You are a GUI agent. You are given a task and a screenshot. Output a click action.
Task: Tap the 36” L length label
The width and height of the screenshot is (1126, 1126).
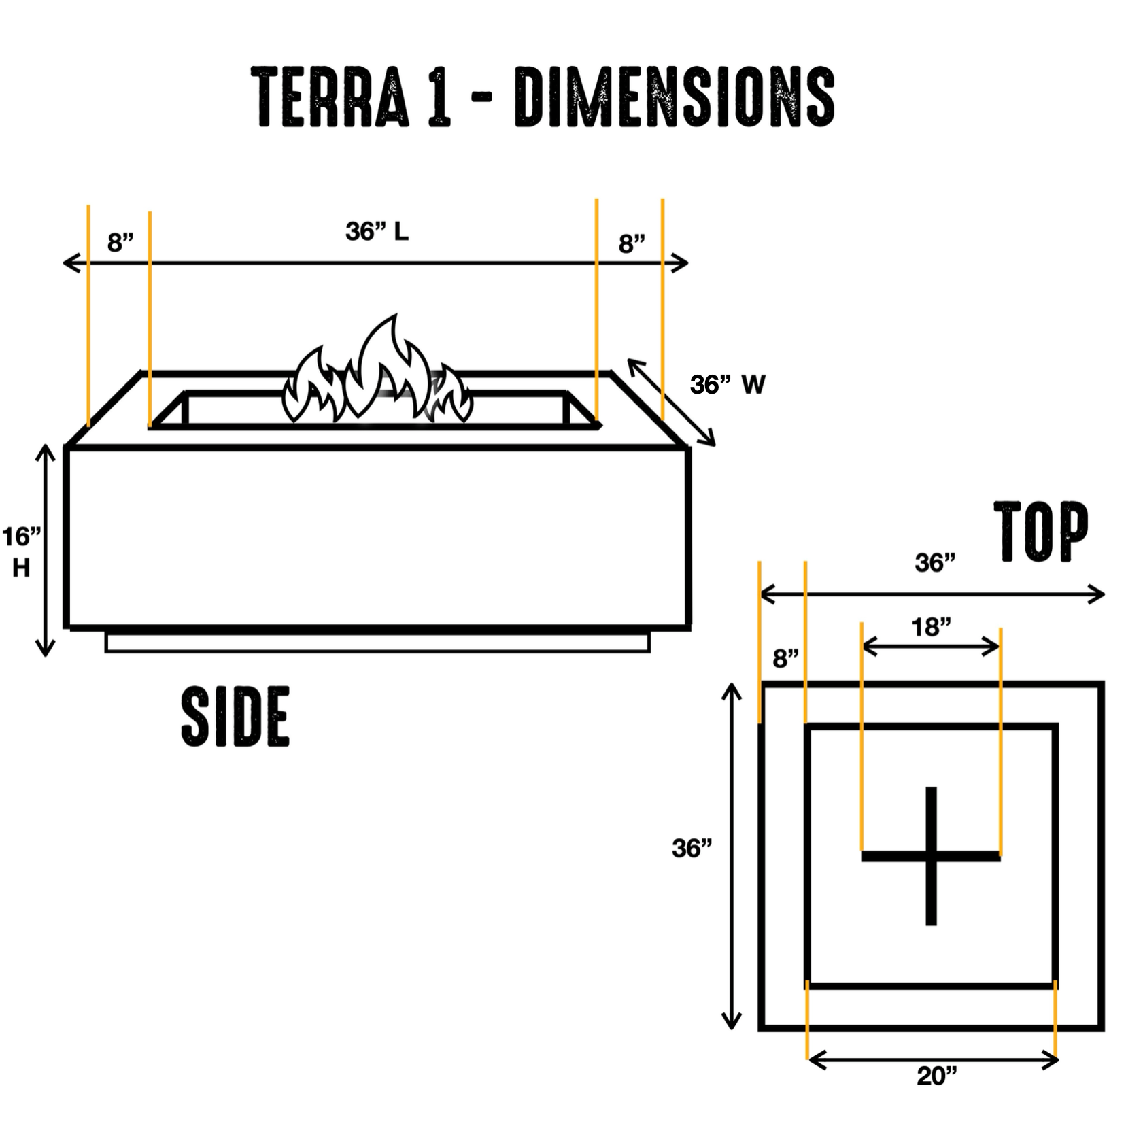tap(377, 232)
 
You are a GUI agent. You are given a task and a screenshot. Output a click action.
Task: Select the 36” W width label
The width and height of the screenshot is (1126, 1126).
tap(728, 385)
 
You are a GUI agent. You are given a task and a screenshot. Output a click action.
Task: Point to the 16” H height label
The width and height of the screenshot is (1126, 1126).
tap(21, 551)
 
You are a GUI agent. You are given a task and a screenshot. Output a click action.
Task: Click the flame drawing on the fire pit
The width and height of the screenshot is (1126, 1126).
tap(378, 375)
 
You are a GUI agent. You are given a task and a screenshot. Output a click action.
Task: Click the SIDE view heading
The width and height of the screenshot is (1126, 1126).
tap(235, 716)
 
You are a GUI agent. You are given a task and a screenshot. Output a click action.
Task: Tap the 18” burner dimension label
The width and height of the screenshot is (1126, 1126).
tap(931, 627)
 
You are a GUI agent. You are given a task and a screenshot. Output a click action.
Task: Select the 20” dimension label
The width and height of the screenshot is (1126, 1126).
tap(936, 1076)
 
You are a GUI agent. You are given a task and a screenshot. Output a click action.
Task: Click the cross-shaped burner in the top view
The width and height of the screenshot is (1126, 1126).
tap(931, 855)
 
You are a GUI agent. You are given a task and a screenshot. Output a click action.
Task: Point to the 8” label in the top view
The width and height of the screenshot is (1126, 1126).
tap(785, 658)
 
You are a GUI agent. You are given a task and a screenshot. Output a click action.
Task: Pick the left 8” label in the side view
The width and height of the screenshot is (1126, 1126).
tap(120, 242)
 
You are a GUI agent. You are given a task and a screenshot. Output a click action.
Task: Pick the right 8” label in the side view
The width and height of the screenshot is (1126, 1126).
tap(632, 243)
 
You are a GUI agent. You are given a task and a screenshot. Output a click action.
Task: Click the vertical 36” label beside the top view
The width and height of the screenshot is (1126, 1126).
tap(692, 848)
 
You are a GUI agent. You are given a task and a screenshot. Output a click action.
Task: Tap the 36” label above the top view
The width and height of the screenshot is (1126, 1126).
tap(935, 562)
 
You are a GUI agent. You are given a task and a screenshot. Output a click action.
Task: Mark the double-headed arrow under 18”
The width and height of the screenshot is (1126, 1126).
tap(931, 647)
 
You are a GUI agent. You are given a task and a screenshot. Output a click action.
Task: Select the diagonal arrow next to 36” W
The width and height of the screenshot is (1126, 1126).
tap(671, 403)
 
